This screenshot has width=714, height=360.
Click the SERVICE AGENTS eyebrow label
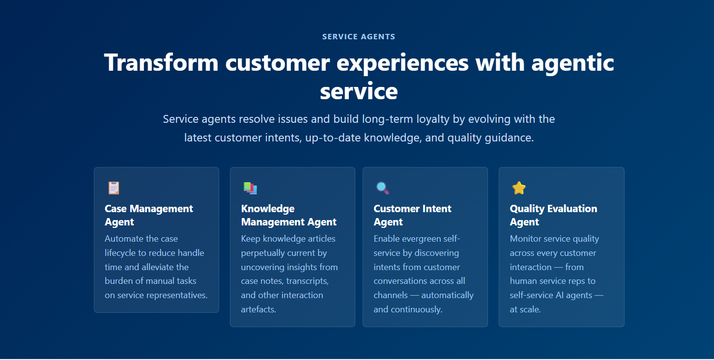(x=359, y=37)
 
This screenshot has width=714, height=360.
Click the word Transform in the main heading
(x=161, y=62)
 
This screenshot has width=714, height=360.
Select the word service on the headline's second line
(x=359, y=91)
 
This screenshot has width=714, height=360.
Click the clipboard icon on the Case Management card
(x=114, y=188)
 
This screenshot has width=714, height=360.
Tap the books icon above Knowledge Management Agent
(x=250, y=188)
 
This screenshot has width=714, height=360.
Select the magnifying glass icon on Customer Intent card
(x=382, y=188)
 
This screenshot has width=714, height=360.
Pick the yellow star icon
(x=519, y=188)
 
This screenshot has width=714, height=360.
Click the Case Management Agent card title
(x=149, y=215)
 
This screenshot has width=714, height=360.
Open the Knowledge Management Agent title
(x=289, y=215)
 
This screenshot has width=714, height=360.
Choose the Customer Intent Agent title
(x=412, y=215)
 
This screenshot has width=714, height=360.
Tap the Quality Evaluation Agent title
(x=553, y=215)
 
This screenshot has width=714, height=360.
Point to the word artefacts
(x=258, y=309)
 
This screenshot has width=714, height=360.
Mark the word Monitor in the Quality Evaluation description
(x=524, y=239)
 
